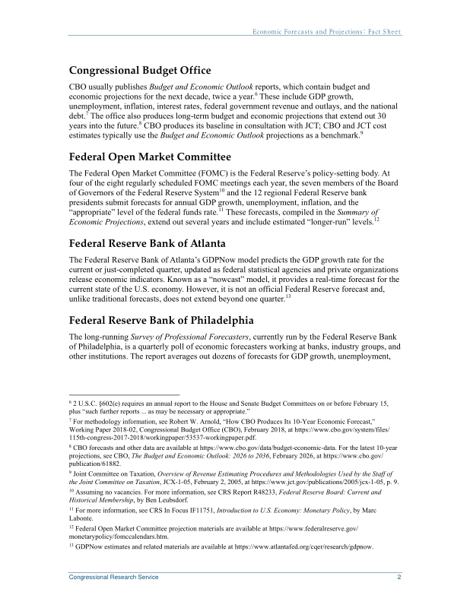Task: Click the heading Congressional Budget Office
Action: (x=140, y=71)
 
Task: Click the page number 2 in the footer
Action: (x=399, y=578)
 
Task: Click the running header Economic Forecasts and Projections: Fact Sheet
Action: (x=327, y=32)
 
